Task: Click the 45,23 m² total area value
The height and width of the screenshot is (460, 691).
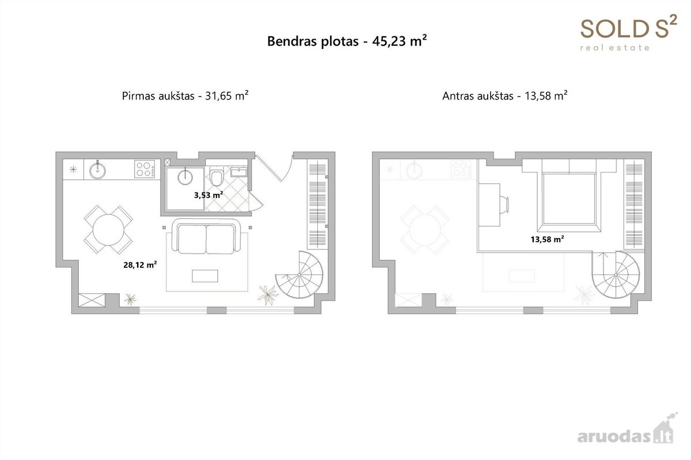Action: tap(400, 41)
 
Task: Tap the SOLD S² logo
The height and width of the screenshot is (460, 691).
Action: tap(629, 33)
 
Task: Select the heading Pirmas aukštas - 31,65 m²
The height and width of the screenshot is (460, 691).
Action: tap(185, 96)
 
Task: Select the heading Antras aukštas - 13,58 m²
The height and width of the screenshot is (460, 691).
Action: tap(504, 96)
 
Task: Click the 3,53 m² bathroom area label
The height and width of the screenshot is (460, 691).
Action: tap(208, 195)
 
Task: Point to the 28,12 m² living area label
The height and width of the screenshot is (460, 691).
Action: tap(140, 264)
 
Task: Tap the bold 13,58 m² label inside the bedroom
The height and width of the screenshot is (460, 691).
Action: tap(547, 239)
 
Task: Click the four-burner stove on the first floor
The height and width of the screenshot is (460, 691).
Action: tap(145, 169)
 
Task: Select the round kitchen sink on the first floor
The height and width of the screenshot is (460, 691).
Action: tap(97, 170)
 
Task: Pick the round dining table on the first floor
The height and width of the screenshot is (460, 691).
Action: tap(108, 230)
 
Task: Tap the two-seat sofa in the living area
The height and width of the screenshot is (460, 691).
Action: tap(206, 236)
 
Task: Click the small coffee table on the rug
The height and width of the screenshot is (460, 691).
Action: tap(205, 276)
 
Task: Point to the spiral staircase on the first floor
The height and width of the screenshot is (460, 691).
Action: tap(299, 274)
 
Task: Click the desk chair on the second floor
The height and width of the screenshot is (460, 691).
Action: tap(504, 204)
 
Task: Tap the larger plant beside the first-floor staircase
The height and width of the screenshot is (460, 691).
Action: tap(268, 295)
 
